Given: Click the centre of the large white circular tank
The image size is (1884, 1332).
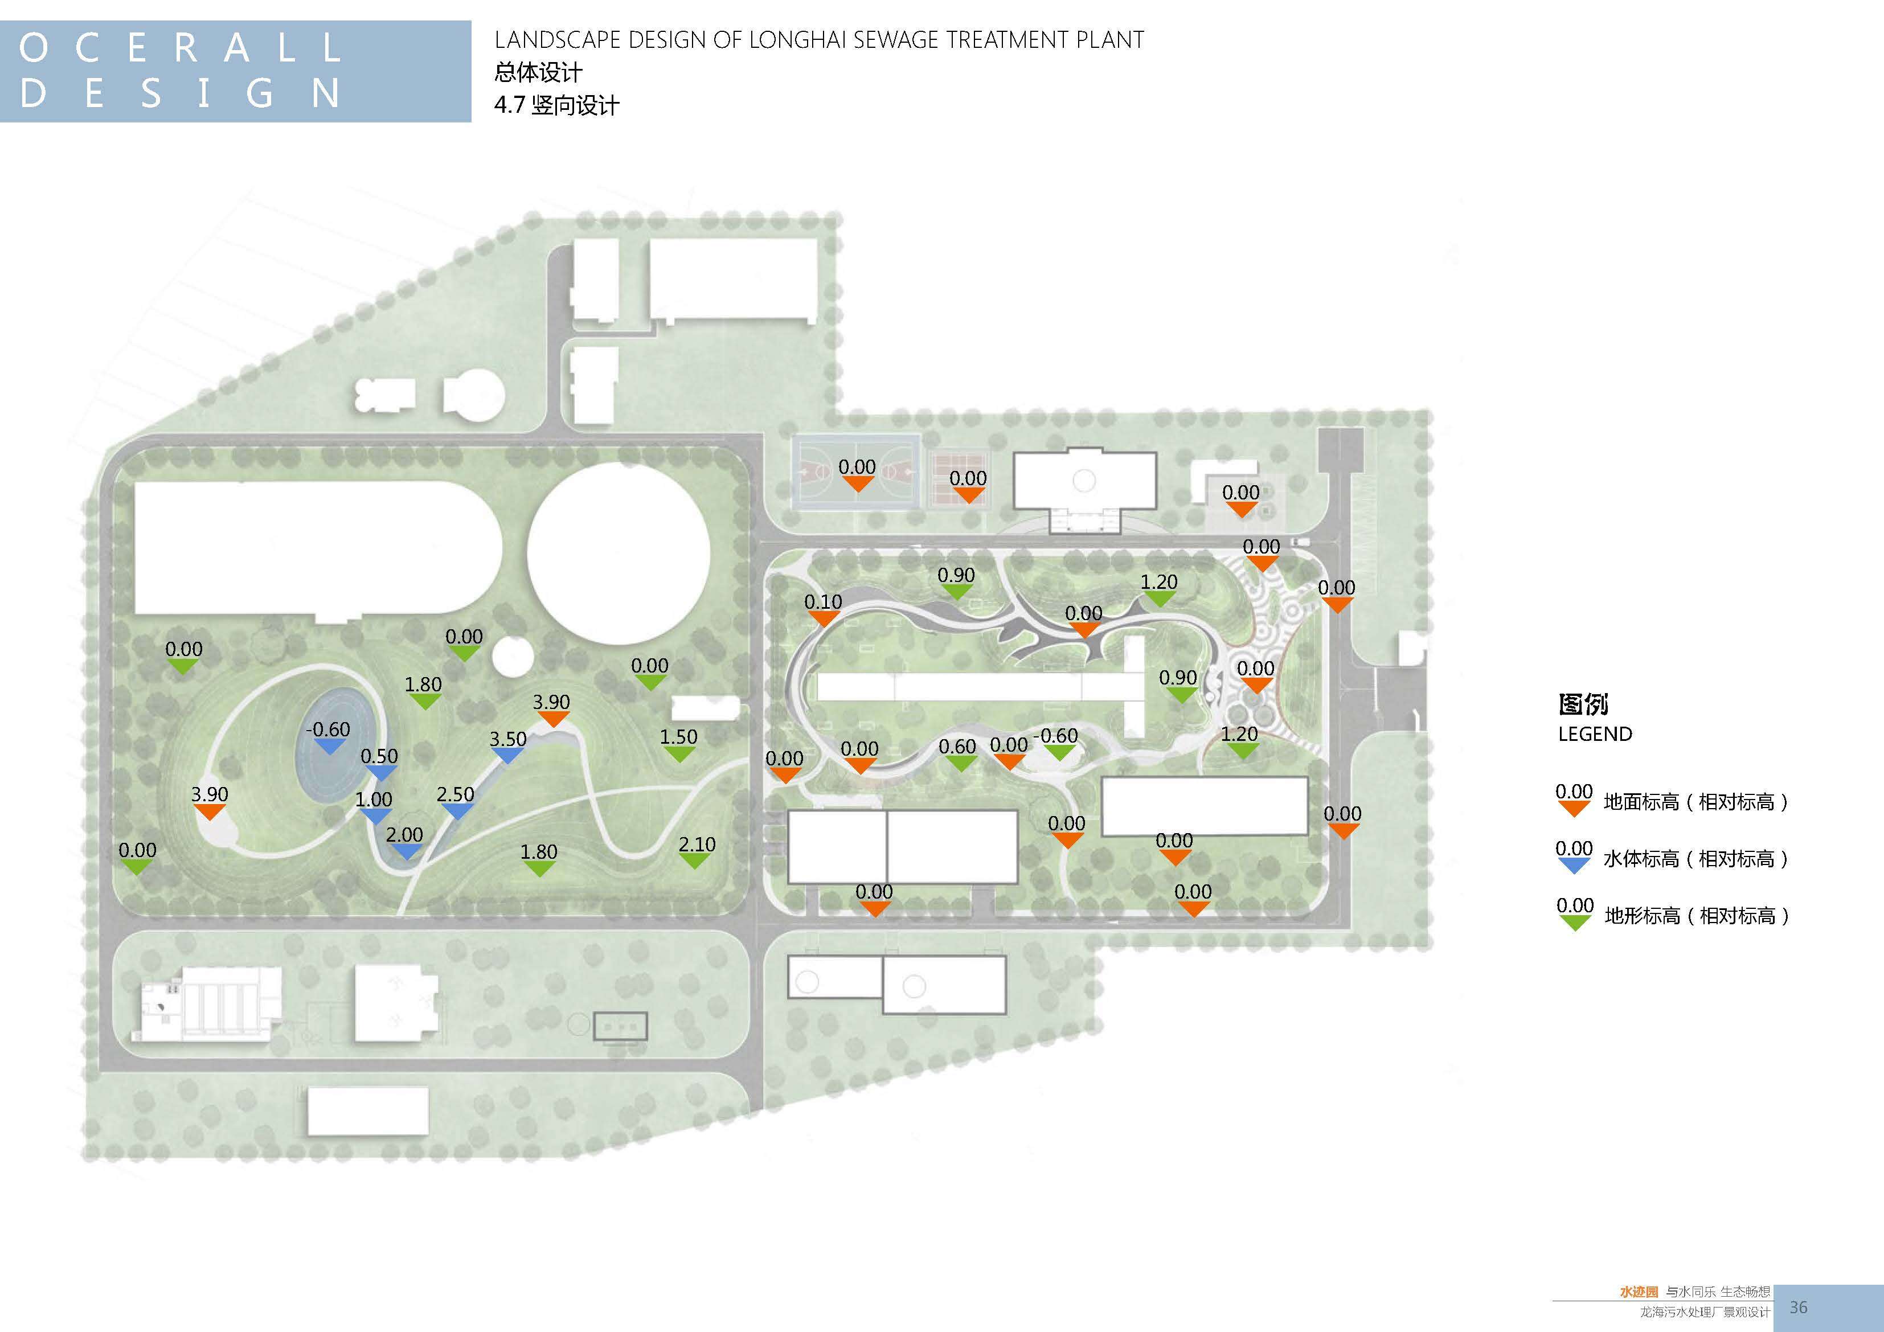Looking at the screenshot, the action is pos(619,552).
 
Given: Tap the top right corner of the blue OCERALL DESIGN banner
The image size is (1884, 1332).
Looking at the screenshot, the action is pos(471,21).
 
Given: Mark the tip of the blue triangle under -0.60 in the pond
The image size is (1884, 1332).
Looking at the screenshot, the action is pos(329,754).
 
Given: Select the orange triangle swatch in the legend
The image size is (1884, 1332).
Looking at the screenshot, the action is pos(1574,809).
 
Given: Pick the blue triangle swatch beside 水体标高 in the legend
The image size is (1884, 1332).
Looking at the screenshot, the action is pos(1574,865).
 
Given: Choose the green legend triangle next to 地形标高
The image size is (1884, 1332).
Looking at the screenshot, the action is pos(1575,923).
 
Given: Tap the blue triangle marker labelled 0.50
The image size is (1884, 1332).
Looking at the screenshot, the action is pos(380,772).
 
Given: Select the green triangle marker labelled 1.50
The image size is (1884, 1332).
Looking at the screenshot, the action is pos(679,753).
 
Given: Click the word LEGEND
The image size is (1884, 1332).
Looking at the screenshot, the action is pos(1595,733).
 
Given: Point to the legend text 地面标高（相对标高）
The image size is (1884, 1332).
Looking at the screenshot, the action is pos(1696,802).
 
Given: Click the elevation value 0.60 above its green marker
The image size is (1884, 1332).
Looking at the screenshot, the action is pos(957,746).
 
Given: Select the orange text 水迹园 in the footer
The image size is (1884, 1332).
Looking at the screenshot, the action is pos(1639,1292).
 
